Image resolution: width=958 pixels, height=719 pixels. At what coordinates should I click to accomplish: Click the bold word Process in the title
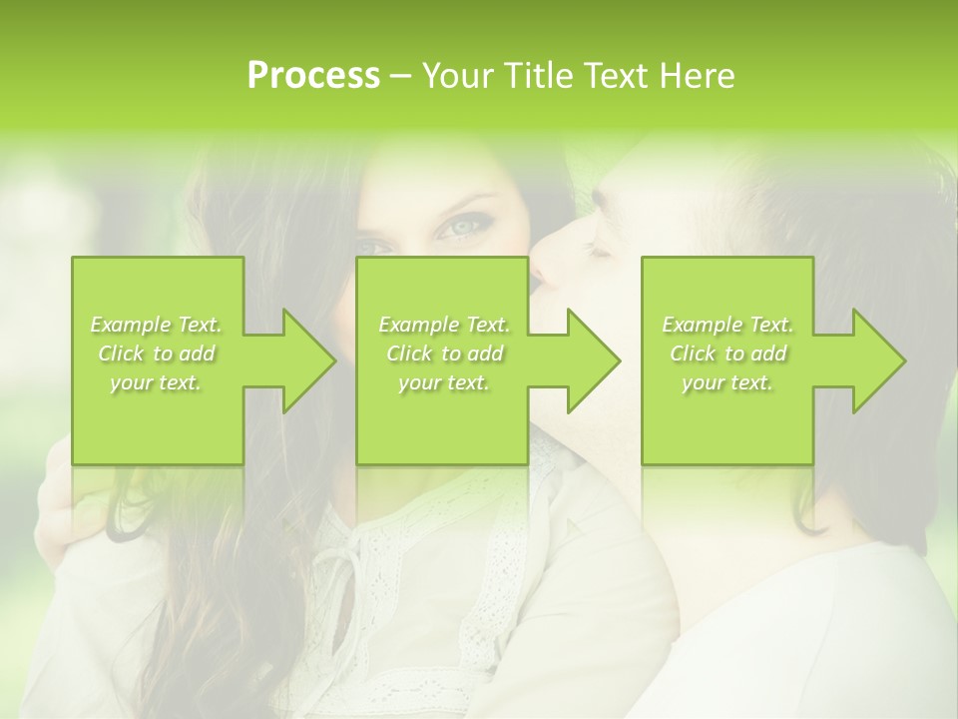click(313, 76)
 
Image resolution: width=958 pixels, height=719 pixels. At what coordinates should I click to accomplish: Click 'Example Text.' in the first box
click(157, 325)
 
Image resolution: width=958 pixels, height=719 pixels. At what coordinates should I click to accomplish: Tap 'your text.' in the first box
click(157, 382)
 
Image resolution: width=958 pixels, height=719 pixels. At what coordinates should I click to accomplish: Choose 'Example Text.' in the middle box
click(444, 325)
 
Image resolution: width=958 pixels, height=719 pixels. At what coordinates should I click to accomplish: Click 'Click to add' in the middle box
click(444, 354)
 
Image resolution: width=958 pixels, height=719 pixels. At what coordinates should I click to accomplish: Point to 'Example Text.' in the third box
click(727, 325)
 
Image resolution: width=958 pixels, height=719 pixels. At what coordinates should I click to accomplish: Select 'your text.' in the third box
click(727, 382)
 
